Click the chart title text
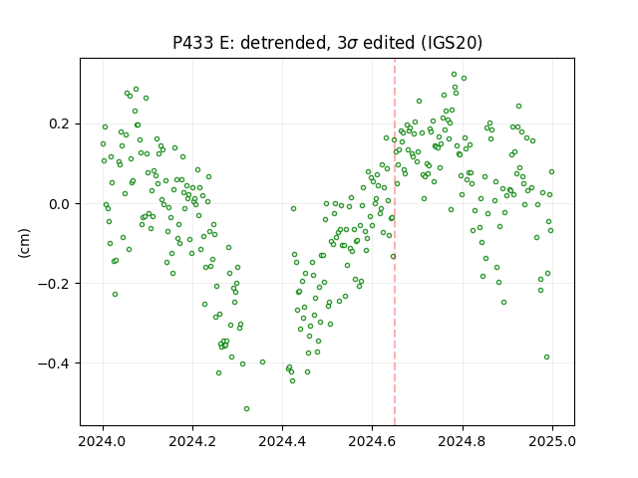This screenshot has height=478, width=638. (328, 43)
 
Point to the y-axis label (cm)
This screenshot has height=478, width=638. (24, 243)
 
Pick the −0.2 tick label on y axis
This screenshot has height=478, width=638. (56, 283)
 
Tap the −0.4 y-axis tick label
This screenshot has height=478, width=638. (56, 362)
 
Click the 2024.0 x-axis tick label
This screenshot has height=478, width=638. (103, 441)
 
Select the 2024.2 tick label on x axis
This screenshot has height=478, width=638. (192, 441)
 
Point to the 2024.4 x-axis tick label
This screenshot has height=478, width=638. (282, 441)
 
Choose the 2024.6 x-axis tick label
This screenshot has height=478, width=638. (372, 441)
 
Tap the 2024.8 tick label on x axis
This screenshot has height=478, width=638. (463, 441)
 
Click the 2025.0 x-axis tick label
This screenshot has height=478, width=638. (552, 441)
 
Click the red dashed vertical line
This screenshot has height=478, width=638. (395, 242)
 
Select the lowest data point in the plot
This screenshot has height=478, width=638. (246, 408)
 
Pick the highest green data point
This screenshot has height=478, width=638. (455, 75)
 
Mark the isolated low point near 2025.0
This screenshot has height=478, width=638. (547, 357)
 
